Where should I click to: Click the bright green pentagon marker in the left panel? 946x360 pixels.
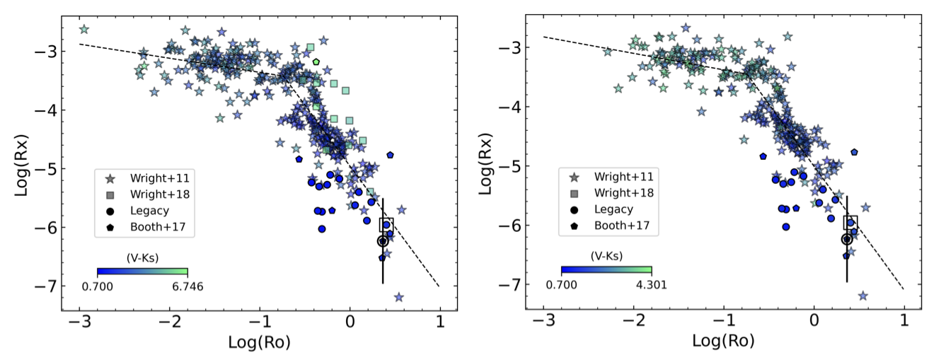(x=316, y=62)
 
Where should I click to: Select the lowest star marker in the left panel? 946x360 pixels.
(x=399, y=297)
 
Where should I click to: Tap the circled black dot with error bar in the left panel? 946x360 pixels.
(x=383, y=241)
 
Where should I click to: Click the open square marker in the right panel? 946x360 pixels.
(x=850, y=222)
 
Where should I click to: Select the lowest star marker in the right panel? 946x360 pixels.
(x=863, y=296)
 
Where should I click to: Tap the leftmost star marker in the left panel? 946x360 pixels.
(x=84, y=29)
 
